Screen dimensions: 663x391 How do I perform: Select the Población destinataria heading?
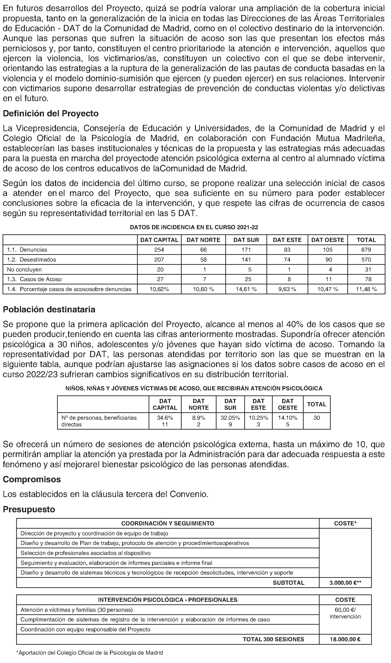tap(49, 309)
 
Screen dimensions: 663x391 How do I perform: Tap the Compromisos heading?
tap(32, 479)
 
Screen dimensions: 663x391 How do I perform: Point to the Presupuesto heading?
tap(29, 509)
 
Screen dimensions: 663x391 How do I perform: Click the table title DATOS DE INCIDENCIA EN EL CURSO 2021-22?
tap(194, 227)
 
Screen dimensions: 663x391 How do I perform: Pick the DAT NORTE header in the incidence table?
tap(203, 240)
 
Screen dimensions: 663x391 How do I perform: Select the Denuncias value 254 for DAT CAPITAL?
tap(159, 250)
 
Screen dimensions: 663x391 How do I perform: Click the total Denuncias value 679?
tap(366, 250)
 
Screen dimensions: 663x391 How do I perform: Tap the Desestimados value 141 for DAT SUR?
tap(246, 259)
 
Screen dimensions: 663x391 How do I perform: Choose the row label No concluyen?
tap(24, 269)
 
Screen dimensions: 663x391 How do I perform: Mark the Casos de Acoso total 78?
tap(366, 279)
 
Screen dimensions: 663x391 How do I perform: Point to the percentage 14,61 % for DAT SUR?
tap(246, 289)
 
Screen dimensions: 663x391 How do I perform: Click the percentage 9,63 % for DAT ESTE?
tap(287, 289)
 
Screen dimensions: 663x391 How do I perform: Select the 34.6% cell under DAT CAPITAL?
tap(165, 418)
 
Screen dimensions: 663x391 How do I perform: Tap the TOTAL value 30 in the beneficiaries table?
tap(317, 418)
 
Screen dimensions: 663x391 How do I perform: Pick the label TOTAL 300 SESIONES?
tap(273, 639)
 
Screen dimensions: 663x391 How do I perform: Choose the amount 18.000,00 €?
tap(345, 639)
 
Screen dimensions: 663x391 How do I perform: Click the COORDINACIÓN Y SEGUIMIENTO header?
tap(168, 523)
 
